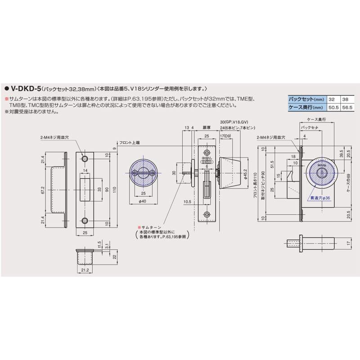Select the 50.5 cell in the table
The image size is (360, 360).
(x=333, y=107)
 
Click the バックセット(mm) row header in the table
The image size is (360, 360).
(x=306, y=99)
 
